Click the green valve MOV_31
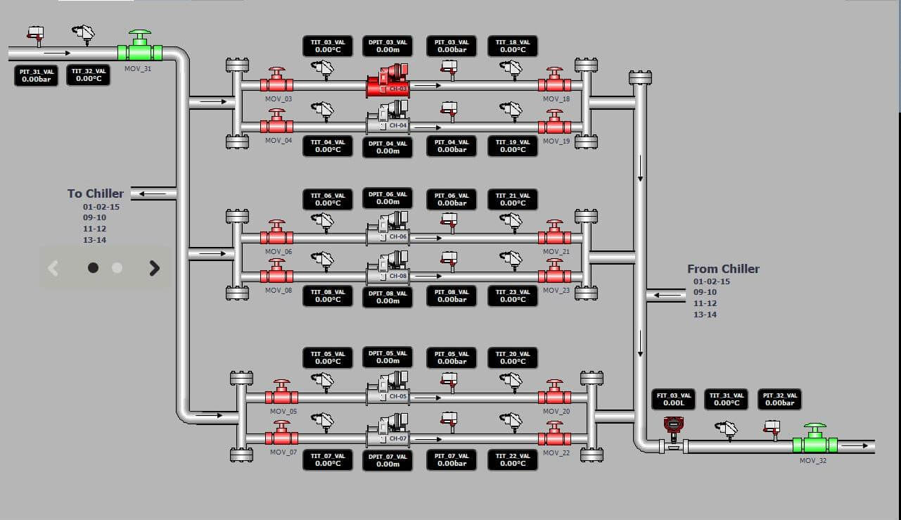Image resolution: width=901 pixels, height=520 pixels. pyautogui.click(x=140, y=50)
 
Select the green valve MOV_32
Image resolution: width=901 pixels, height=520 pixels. pyautogui.click(x=814, y=443)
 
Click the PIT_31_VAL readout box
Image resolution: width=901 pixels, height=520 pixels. pyautogui.click(x=37, y=75)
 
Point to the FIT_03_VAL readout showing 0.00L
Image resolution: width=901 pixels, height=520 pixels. pyautogui.click(x=673, y=399)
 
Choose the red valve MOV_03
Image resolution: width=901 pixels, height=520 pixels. pyautogui.click(x=276, y=83)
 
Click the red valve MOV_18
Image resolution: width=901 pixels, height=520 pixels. pyautogui.click(x=554, y=83)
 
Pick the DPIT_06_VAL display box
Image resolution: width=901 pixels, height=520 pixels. pyautogui.click(x=388, y=198)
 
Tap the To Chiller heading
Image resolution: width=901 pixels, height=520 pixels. pyautogui.click(x=96, y=194)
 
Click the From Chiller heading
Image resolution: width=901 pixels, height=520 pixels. pyautogui.click(x=723, y=269)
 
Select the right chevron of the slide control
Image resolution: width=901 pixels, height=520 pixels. pyautogui.click(x=155, y=267)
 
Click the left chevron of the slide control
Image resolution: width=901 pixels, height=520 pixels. pyautogui.click(x=53, y=267)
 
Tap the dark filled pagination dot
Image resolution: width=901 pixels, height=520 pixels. pyautogui.click(x=93, y=267)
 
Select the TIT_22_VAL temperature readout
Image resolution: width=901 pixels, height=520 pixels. pyautogui.click(x=513, y=460)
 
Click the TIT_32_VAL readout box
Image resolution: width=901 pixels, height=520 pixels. pyautogui.click(x=89, y=75)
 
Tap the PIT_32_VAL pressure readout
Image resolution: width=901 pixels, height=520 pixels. pyautogui.click(x=779, y=399)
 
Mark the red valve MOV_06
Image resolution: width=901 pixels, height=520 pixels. pyautogui.click(x=276, y=236)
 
